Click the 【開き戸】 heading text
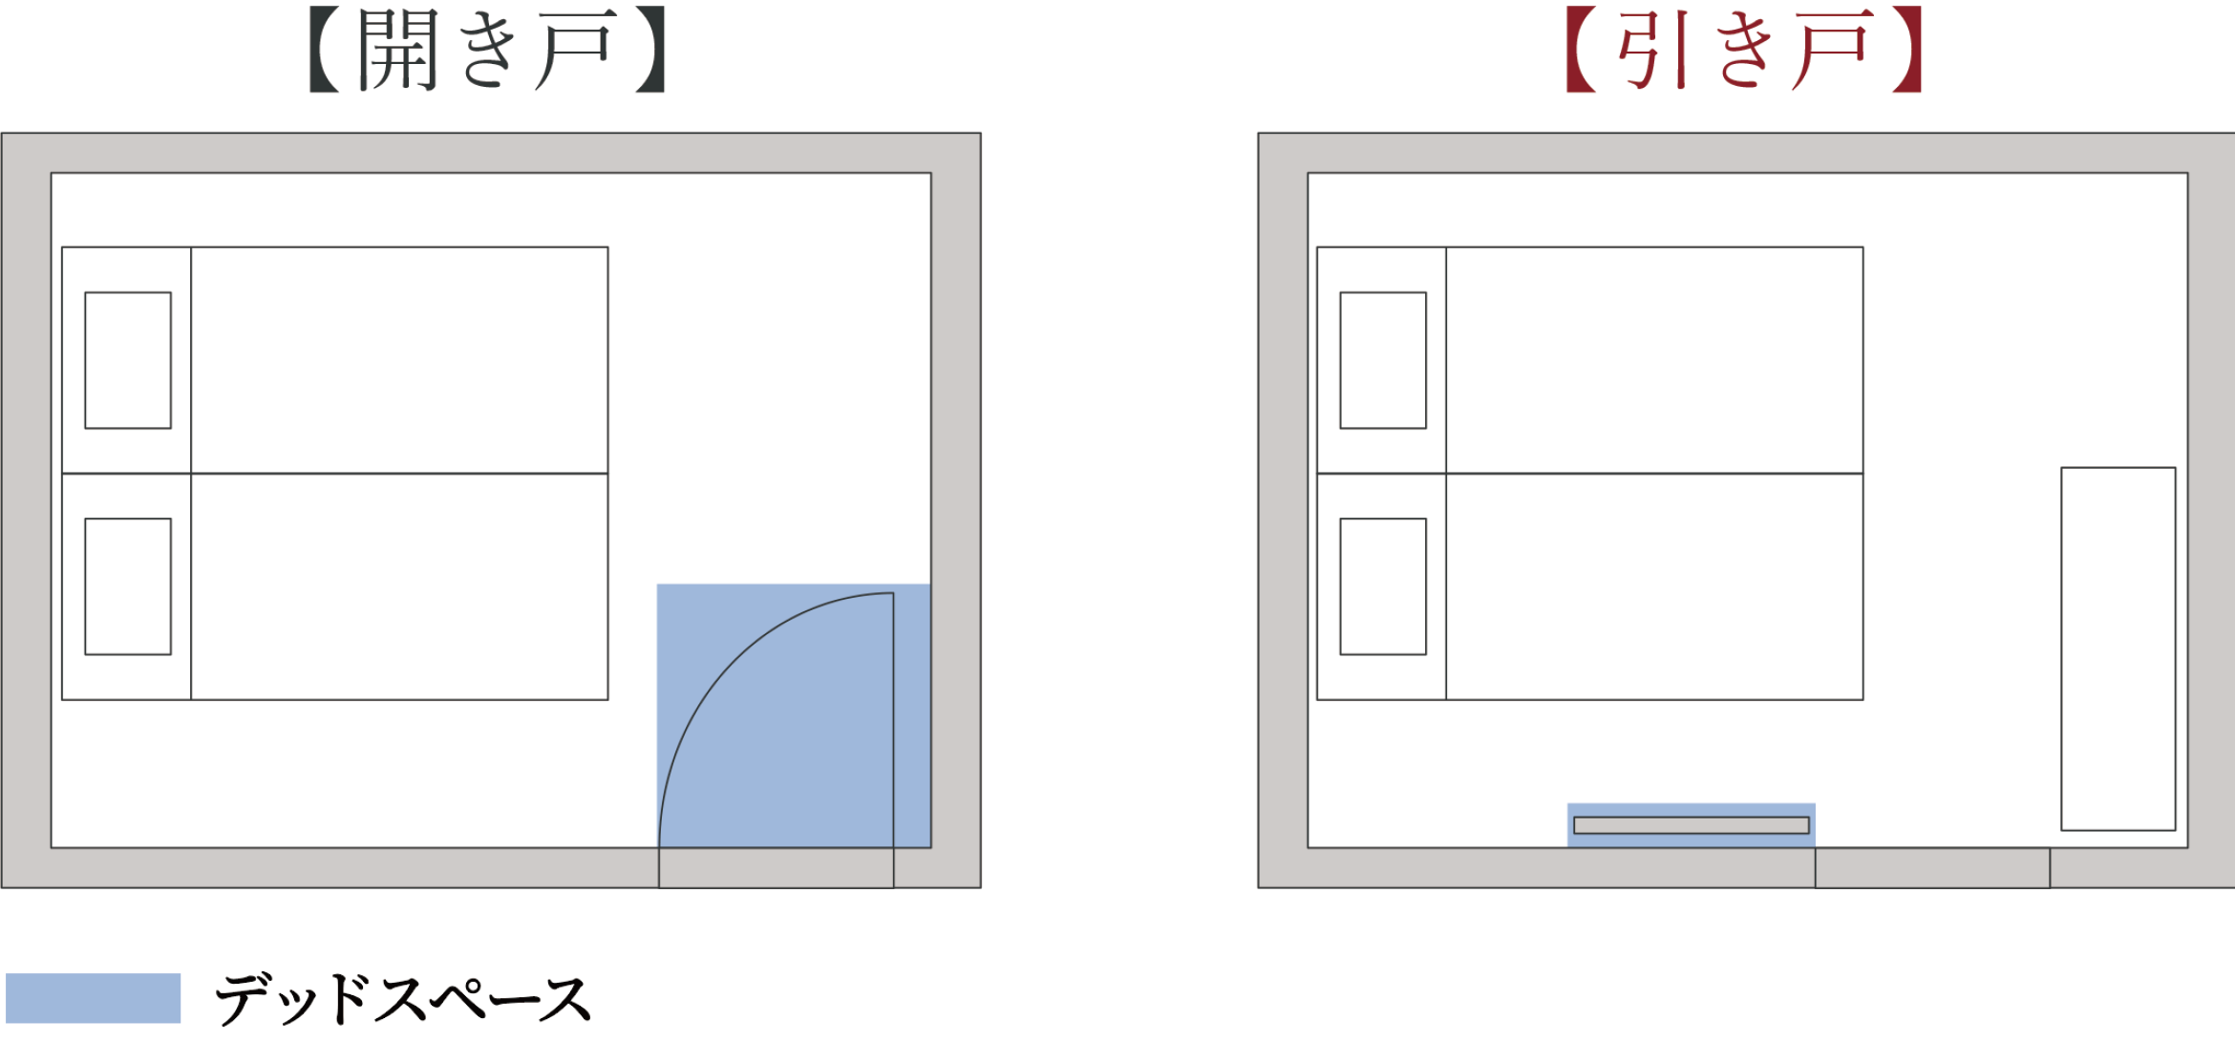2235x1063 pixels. [488, 50]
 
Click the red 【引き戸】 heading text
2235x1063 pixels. [1744, 50]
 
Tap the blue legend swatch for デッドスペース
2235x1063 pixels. [93, 998]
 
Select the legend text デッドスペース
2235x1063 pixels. [403, 999]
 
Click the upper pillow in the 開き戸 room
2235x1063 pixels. [128, 360]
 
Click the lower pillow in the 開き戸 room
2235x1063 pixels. [128, 586]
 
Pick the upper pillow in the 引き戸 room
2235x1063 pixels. [1383, 360]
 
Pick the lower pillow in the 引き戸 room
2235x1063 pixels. [1383, 586]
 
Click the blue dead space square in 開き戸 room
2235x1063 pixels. [794, 715]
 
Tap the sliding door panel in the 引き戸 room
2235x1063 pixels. [1692, 825]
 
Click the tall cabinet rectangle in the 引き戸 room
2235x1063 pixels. [2118, 648]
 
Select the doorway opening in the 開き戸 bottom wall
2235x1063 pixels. [777, 868]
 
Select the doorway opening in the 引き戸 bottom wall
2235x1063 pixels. [1932, 868]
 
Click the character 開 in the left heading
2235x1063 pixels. [398, 50]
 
